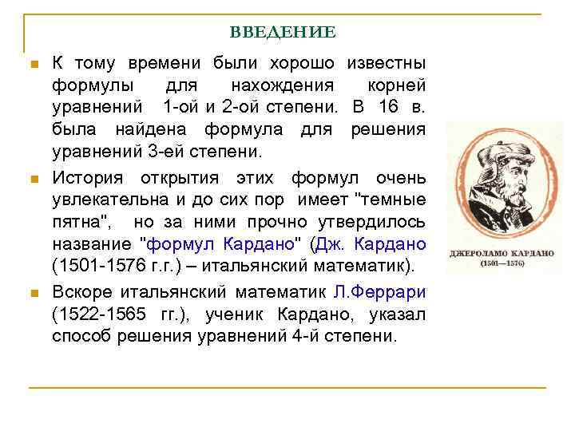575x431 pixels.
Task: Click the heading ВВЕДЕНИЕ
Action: (283, 33)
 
